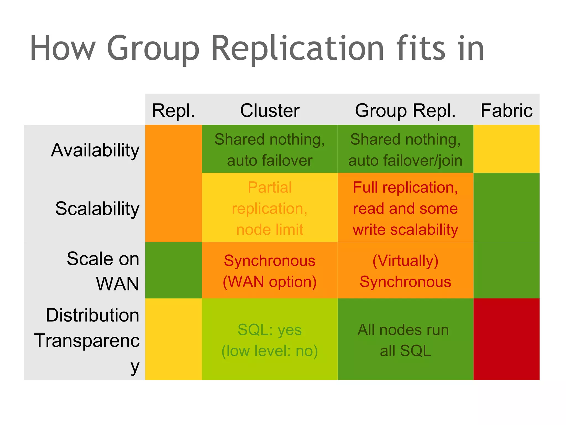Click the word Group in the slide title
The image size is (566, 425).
click(x=153, y=48)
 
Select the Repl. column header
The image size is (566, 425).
click(x=173, y=110)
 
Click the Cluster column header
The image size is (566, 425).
click(x=269, y=110)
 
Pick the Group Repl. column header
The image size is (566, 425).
click(x=405, y=110)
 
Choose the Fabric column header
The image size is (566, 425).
click(x=506, y=110)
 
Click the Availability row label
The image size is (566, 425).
click(x=95, y=150)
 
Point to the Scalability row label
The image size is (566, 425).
click(x=97, y=208)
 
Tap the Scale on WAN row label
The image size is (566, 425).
click(x=103, y=271)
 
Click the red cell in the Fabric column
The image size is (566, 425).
click(x=506, y=339)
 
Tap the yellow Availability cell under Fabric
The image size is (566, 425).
click(x=506, y=149)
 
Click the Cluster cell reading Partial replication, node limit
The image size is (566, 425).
click(x=269, y=208)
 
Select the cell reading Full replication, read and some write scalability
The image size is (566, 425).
click(x=405, y=208)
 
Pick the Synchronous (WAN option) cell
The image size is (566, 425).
click(x=269, y=271)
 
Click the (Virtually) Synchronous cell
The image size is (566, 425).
click(x=405, y=271)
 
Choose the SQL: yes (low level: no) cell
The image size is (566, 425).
click(x=269, y=340)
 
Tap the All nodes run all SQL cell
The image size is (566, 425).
click(x=405, y=340)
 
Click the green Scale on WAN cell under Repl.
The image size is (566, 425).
click(x=173, y=270)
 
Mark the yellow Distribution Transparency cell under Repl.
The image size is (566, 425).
click(x=173, y=339)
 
